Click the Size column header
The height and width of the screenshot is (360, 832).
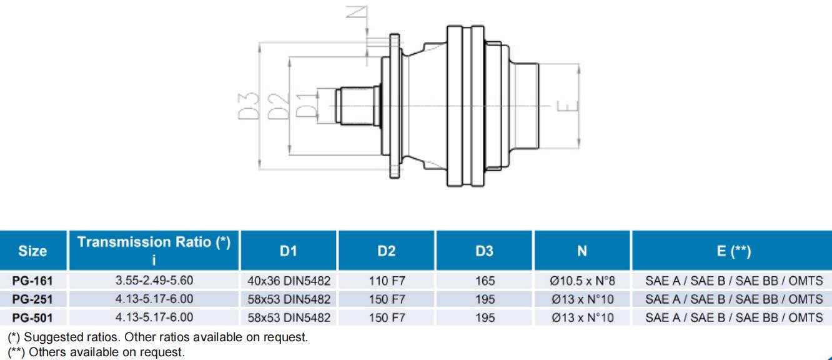[x=33, y=251]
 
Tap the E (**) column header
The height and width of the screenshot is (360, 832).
[x=731, y=251]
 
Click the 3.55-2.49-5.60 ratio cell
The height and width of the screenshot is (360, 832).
[x=154, y=282]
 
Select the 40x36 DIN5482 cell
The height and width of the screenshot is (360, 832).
[x=289, y=282]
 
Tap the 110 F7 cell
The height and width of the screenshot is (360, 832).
[x=387, y=282]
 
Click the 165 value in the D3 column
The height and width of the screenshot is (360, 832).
[x=485, y=282]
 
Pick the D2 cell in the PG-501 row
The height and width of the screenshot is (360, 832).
[x=387, y=318]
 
